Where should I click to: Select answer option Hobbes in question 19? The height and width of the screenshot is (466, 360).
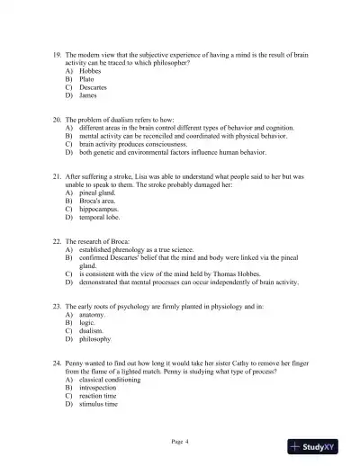point(91,71)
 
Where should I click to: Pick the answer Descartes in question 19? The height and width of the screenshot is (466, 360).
point(94,87)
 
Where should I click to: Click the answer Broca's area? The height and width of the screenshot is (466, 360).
point(100,202)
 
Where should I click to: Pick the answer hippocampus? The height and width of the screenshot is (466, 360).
point(101,210)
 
